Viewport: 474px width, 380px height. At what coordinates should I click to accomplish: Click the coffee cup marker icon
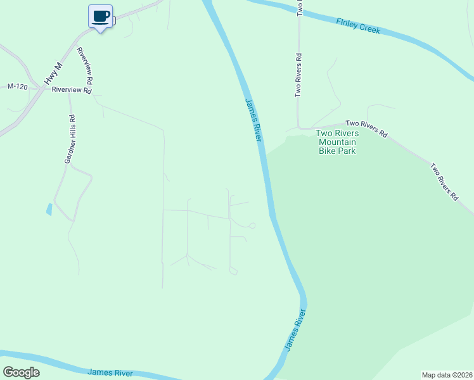point(100,15)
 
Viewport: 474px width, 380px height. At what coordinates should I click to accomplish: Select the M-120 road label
point(18,86)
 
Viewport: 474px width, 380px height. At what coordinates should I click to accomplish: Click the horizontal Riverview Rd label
point(71,90)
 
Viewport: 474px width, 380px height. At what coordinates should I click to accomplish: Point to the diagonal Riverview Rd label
point(85,66)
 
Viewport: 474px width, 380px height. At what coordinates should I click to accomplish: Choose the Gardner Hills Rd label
point(70,139)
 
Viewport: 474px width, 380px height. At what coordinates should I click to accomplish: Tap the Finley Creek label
point(359,25)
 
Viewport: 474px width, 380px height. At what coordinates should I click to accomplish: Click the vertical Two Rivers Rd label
point(298,75)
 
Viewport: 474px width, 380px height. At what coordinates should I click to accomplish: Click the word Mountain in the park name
point(337,142)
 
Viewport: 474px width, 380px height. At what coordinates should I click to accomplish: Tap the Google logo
point(21,372)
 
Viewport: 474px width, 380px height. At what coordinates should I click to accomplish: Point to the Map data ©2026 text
point(446,374)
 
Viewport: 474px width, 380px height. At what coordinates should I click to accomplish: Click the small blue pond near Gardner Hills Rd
point(49,209)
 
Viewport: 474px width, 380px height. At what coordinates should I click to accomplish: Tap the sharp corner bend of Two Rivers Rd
point(298,125)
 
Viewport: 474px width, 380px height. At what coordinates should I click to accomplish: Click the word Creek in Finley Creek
point(369,28)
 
